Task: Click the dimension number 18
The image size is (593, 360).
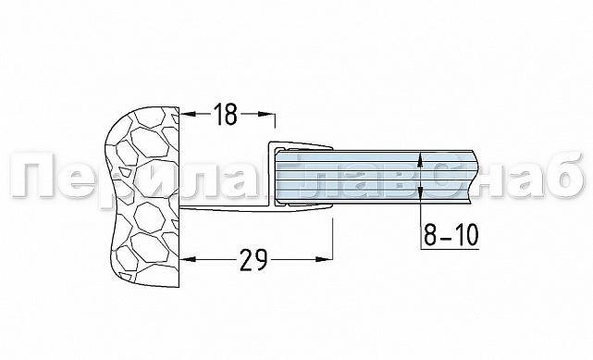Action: point(226,114)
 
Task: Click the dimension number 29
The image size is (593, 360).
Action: point(253,260)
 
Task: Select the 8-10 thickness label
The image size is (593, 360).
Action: point(451,234)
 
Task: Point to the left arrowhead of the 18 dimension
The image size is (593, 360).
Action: point(187,114)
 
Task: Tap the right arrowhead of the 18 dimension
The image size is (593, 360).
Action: point(267,114)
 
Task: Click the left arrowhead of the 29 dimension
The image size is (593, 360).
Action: point(188,259)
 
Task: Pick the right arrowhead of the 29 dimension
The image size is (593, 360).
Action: point(325,259)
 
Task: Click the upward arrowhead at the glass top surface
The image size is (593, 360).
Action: point(421,159)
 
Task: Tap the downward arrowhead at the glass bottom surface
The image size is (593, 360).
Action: point(421,195)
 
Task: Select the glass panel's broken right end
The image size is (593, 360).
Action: point(475,177)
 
